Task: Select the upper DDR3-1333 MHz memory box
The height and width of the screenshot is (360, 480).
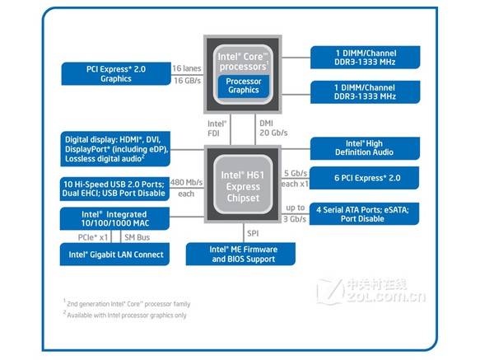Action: tap(366, 57)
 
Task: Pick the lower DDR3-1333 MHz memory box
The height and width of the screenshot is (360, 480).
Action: tap(366, 92)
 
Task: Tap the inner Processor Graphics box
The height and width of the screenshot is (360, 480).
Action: tap(244, 86)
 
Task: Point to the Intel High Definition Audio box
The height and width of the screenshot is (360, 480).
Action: tap(366, 148)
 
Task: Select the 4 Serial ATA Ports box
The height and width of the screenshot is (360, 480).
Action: tap(366, 213)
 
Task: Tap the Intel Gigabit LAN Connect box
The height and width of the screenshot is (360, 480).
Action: tap(115, 255)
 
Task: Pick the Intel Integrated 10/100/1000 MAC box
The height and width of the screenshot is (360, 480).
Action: tap(115, 218)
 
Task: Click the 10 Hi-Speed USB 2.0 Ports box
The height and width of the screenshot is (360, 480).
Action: tap(115, 188)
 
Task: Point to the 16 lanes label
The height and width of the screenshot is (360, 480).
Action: tap(187, 68)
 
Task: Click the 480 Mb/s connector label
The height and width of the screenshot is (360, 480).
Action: tap(187, 182)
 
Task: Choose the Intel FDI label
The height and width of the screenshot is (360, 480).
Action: tap(216, 126)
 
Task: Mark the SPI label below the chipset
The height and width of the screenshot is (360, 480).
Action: tap(252, 233)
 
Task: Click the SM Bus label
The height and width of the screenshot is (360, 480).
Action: tap(137, 236)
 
